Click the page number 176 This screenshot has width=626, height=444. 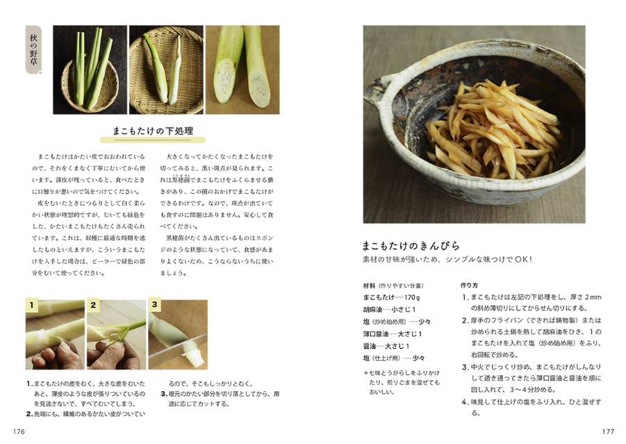[x=19, y=431]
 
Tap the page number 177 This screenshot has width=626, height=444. [x=608, y=431]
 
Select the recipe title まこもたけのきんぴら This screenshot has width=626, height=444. [x=411, y=245]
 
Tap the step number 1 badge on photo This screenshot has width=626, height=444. [x=31, y=304]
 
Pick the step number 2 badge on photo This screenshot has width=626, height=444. [x=93, y=304]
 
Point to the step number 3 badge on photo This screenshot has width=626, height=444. [x=154, y=304]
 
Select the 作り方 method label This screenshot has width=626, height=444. [x=469, y=286]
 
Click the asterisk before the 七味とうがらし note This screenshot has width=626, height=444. [x=365, y=373]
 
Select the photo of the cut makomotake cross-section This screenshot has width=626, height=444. [x=242, y=69]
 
